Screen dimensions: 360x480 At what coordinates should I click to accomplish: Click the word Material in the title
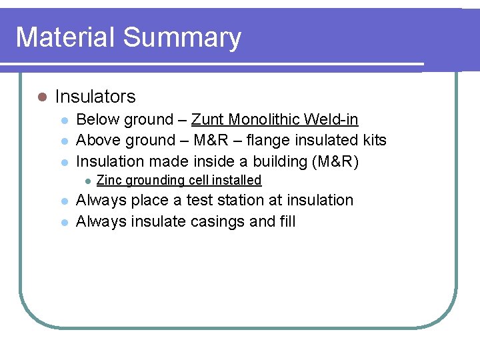[60, 37]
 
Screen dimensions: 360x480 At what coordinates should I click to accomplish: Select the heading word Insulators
[95, 97]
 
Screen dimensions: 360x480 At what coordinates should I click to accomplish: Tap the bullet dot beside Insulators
[42, 97]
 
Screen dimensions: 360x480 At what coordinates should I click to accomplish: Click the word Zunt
[207, 120]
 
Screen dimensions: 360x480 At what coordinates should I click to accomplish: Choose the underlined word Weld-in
[331, 120]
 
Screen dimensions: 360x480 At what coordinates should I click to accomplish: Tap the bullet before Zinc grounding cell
[86, 181]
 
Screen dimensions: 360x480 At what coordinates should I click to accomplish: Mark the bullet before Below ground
[64, 121]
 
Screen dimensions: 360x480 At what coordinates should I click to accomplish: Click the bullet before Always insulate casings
[64, 221]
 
